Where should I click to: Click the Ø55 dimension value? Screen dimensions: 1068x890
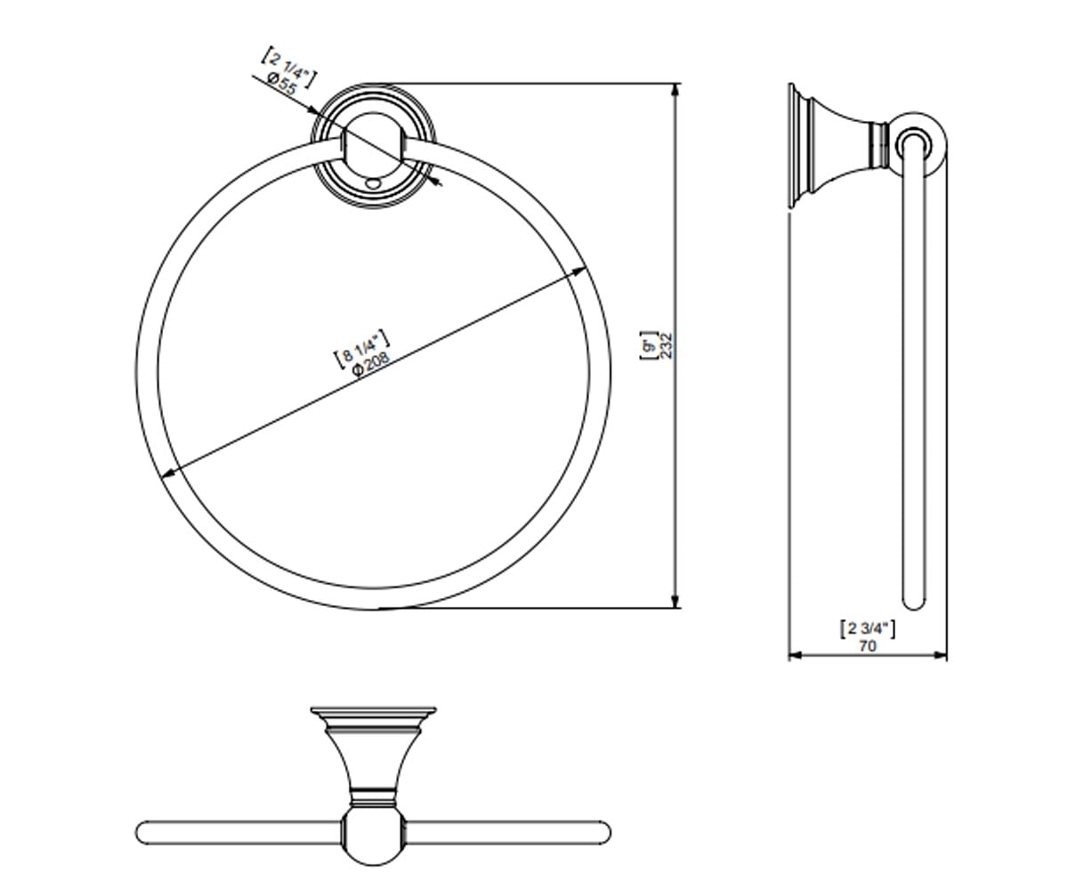[282, 84]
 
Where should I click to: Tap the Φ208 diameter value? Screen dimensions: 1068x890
[371, 364]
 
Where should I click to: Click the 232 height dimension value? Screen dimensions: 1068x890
[667, 346]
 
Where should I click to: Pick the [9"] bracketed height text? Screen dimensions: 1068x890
[649, 346]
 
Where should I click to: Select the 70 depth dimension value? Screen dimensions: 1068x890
[868, 646]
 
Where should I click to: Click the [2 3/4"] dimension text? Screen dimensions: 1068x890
[868, 629]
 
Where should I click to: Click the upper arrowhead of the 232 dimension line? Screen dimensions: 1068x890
[676, 90]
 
